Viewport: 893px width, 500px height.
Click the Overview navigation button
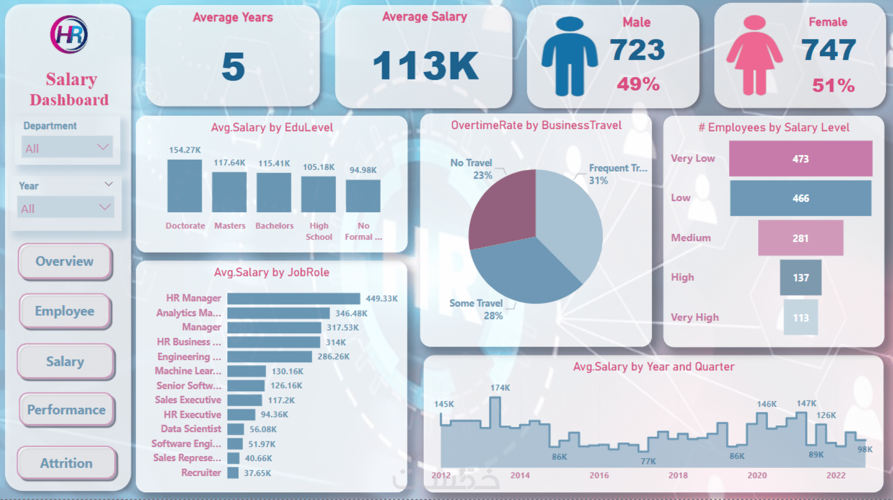pyautogui.click(x=65, y=261)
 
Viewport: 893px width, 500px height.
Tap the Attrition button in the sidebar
pyautogui.click(x=66, y=463)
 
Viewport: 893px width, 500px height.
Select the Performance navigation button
pyautogui.click(x=66, y=410)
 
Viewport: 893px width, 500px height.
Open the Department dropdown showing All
pyautogui.click(x=67, y=148)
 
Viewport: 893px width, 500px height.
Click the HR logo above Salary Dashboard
pyautogui.click(x=69, y=35)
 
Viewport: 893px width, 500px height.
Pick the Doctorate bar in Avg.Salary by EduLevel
pyautogui.click(x=184, y=186)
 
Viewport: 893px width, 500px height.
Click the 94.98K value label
pyautogui.click(x=363, y=170)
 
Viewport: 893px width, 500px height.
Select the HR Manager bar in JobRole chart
pyautogui.click(x=294, y=298)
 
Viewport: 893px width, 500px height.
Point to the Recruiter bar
pyautogui.click(x=233, y=473)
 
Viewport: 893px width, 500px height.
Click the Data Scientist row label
pyautogui.click(x=191, y=429)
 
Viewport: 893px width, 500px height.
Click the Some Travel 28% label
pyautogui.click(x=477, y=309)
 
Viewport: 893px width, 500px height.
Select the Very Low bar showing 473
pyautogui.click(x=800, y=159)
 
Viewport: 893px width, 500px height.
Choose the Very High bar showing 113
pyautogui.click(x=800, y=317)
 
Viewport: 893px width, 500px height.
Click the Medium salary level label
pyautogui.click(x=691, y=238)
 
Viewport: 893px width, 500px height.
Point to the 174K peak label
pyautogui.click(x=500, y=388)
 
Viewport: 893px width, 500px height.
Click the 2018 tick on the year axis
pyautogui.click(x=678, y=476)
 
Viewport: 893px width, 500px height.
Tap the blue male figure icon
pyautogui.click(x=569, y=56)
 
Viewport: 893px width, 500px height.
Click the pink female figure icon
pyautogui.click(x=754, y=56)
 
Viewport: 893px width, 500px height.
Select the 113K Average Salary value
pyautogui.click(x=425, y=66)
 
